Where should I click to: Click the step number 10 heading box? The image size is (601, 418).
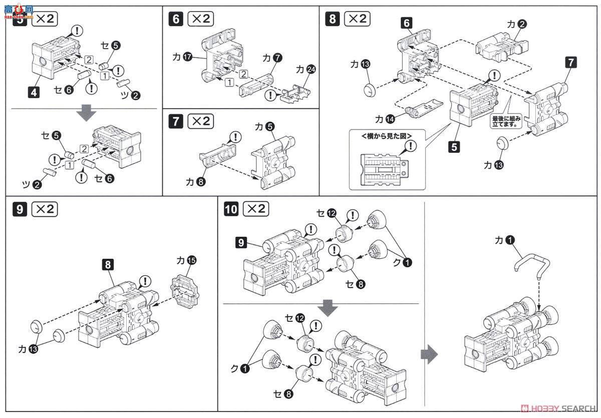pyautogui.click(x=231, y=209)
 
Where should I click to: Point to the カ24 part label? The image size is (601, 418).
pyautogui.click(x=306, y=69)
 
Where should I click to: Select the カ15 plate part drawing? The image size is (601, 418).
pyautogui.click(x=186, y=290)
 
